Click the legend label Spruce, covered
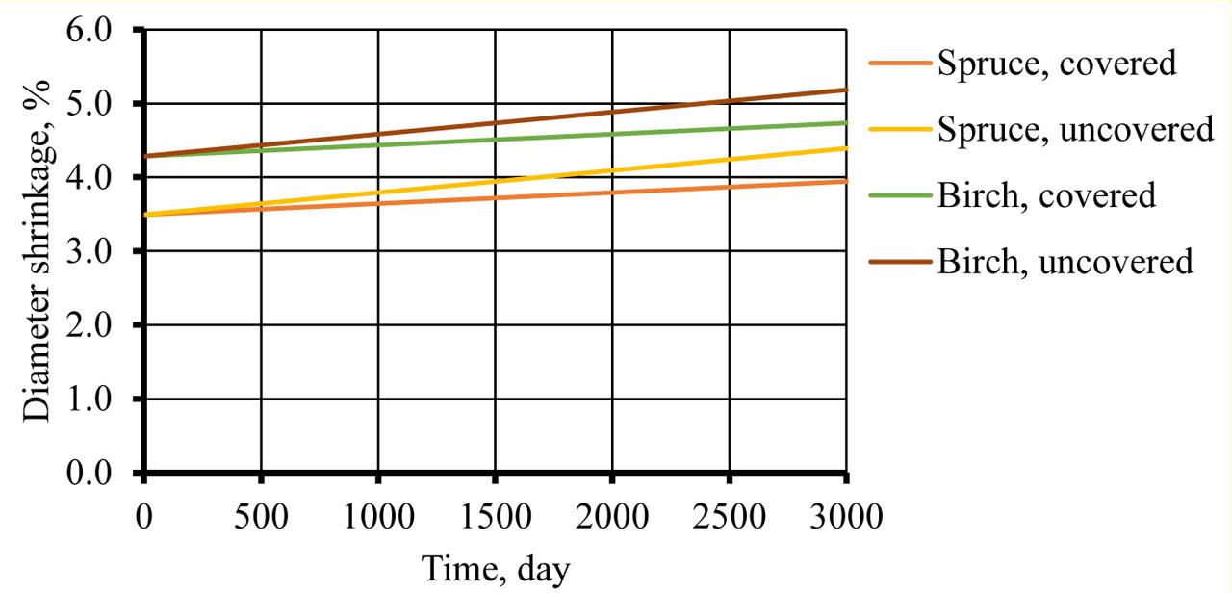point(1057,63)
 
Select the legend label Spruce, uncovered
point(1075,128)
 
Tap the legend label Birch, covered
point(1046,194)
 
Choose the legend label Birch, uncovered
point(1065,260)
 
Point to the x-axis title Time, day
point(495,570)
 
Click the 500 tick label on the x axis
point(261,519)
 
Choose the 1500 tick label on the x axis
point(495,519)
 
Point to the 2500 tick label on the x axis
point(729,519)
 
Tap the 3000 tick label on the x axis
point(845,519)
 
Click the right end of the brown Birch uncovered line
point(846,90)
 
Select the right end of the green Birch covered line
point(846,123)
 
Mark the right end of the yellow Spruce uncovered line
point(846,148)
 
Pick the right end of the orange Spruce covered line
point(846,181)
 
